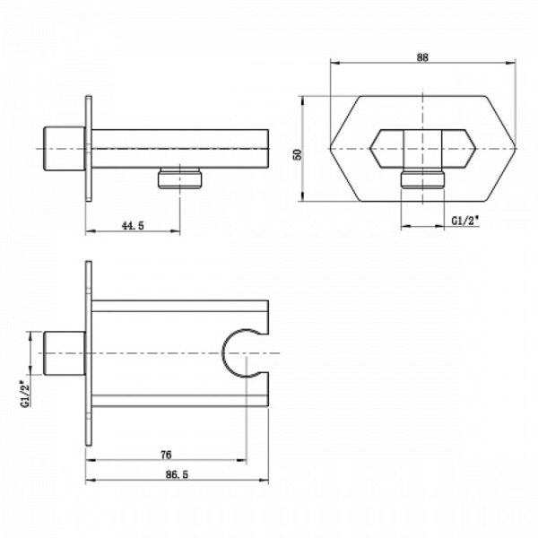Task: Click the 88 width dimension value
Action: point(423,56)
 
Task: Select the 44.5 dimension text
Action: point(133,226)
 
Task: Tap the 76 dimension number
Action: point(166,456)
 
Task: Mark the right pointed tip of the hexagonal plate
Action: point(518,146)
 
